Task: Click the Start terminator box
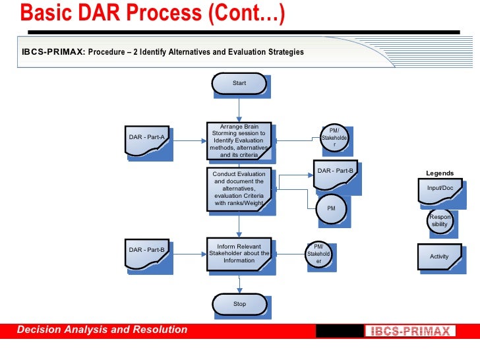coord(239,84)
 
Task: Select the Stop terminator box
coord(239,304)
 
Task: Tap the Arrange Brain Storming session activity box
coord(239,141)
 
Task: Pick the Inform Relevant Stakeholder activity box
coord(239,253)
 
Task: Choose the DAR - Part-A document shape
coord(147,138)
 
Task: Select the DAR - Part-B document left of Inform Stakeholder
coord(147,252)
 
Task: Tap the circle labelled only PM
coord(332,208)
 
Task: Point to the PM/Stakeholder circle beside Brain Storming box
coord(334,138)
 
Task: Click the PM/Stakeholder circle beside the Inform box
coord(319,255)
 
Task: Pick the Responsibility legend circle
coord(439,221)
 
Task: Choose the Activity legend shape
coord(439,256)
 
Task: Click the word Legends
coord(440,173)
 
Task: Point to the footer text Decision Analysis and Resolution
coord(102,330)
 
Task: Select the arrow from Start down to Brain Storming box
coord(239,109)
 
